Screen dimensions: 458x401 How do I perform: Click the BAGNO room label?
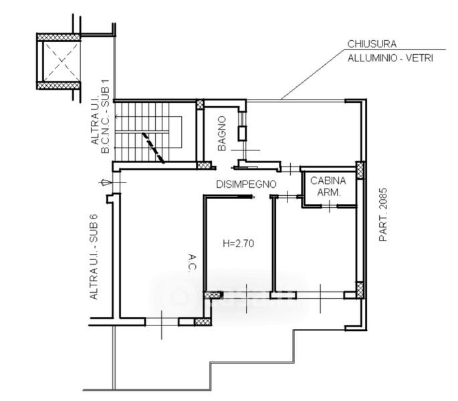222,134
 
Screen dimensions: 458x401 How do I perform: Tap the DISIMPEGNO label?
246,184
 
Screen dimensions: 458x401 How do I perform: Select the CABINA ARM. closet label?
328,186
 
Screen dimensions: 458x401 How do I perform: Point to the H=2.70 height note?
238,243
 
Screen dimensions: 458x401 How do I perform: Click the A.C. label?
192,263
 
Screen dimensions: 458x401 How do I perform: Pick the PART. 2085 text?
383,215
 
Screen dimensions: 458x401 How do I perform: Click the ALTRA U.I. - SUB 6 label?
94,257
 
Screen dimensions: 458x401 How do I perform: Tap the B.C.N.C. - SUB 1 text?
105,116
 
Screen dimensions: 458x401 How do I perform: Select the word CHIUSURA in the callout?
372,44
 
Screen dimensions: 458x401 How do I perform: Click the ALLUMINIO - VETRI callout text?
390,58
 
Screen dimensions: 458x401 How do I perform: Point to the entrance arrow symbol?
105,183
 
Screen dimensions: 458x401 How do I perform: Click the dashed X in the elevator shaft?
62,61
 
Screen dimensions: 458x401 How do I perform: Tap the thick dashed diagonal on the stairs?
153,148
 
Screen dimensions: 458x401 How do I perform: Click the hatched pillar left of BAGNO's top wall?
200,104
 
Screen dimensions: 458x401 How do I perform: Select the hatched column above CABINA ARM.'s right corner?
360,170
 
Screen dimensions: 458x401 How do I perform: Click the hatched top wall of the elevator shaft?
59,37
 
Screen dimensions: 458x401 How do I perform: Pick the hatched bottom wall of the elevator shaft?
59,86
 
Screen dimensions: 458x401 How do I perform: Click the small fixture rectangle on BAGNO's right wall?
243,133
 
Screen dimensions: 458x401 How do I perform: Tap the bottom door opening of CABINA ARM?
330,206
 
